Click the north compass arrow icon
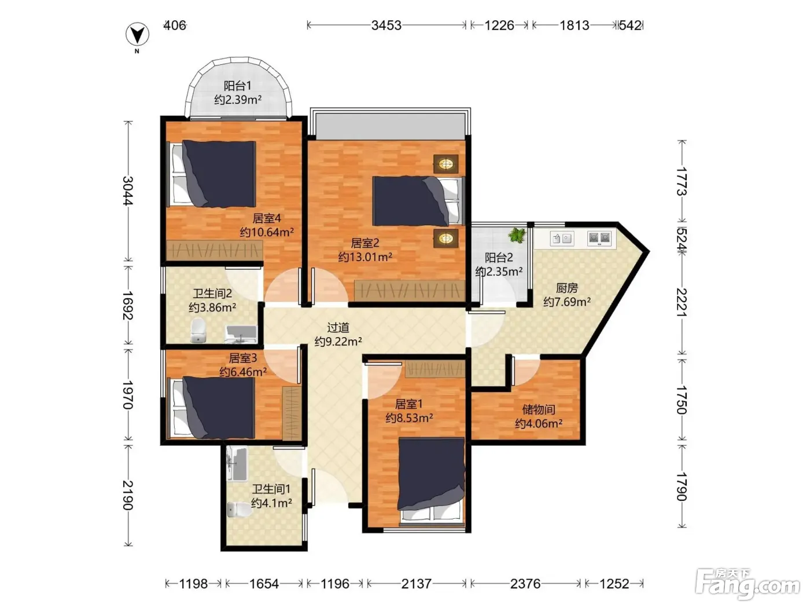(137, 35)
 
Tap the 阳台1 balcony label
(237, 86)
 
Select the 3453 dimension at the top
(386, 25)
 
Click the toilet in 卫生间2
(198, 331)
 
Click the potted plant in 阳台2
(517, 235)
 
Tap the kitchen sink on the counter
(562, 239)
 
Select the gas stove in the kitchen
(599, 238)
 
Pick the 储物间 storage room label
(539, 409)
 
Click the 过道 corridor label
(338, 328)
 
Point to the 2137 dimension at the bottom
(416, 584)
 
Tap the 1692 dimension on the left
(128, 305)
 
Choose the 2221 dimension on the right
(682, 302)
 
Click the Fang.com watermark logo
(748, 584)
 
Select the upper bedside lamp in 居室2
(446, 163)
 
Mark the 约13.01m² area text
(365, 257)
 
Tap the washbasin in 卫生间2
(241, 334)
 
